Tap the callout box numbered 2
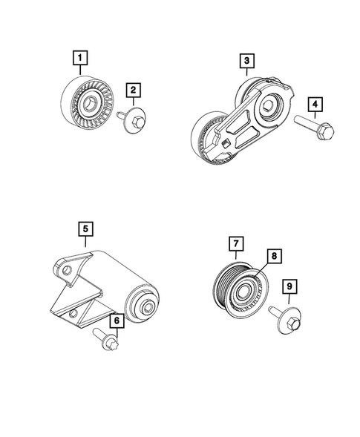(x=134, y=91)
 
